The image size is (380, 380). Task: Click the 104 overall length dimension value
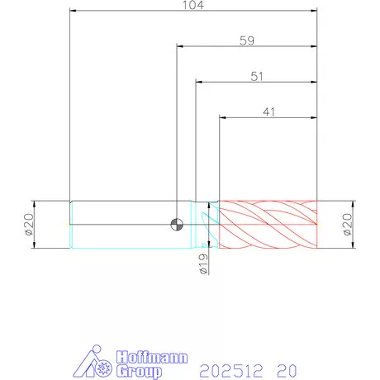(x=193, y=5)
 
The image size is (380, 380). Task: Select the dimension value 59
(x=247, y=40)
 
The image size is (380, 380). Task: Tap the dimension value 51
(x=257, y=76)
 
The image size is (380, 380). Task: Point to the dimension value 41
(x=268, y=112)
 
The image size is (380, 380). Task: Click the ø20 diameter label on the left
(x=29, y=225)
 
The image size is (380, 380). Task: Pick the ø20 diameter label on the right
(x=348, y=225)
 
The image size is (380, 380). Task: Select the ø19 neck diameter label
(x=203, y=264)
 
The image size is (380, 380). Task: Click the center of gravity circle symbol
(x=177, y=225)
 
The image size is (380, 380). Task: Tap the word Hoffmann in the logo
(x=152, y=357)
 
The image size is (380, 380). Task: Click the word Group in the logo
(x=139, y=371)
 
